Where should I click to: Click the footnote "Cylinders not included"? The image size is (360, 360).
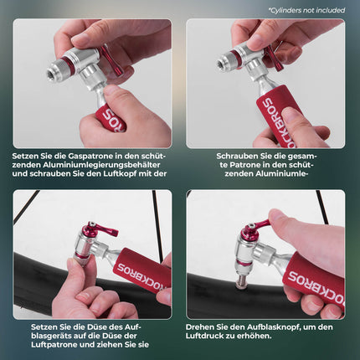(x=306, y=10)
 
